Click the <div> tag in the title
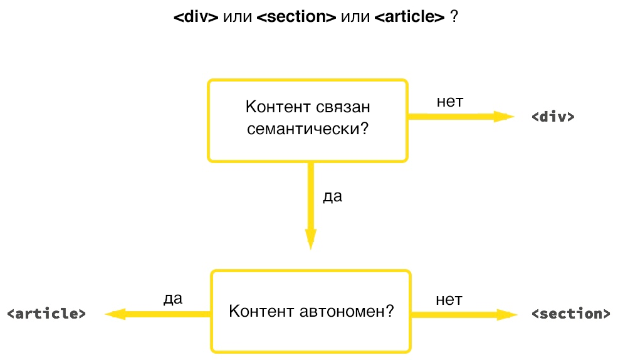coord(196,17)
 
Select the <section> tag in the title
coord(296,17)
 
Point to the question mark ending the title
coord(453,17)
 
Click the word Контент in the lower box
coord(258,311)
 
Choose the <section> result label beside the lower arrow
coord(570,314)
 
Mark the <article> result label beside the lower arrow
coord(46,314)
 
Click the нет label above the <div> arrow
coord(449,102)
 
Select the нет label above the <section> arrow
coord(449,299)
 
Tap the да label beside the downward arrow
coord(332,197)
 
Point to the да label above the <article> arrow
coord(172,299)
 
